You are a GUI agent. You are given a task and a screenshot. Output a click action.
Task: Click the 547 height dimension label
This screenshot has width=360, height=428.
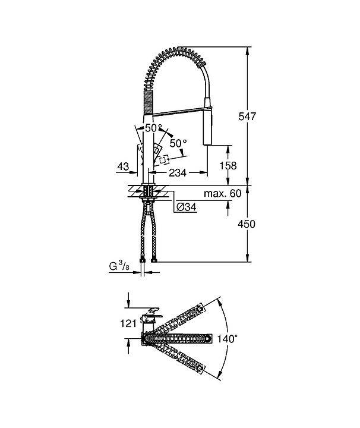[247, 117]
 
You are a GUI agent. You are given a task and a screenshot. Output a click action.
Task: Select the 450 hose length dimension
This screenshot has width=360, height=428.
[247, 224]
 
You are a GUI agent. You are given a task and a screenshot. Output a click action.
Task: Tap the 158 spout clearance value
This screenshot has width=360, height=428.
[228, 165]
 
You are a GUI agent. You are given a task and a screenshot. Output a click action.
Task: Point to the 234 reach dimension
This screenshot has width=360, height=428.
[178, 172]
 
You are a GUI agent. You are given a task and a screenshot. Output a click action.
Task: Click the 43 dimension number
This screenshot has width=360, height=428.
[123, 166]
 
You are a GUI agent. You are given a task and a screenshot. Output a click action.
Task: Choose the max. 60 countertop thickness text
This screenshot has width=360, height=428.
[223, 194]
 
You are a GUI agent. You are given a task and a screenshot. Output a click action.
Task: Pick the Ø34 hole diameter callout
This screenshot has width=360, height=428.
[187, 207]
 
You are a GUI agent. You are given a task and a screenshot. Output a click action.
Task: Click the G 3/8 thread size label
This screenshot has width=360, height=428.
[119, 266]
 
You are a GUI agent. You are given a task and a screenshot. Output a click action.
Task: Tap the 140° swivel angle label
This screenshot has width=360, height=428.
[227, 339]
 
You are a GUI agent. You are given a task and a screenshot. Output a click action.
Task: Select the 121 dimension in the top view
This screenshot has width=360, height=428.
[128, 323]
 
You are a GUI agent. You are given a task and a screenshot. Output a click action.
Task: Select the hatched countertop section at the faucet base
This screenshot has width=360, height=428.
[149, 191]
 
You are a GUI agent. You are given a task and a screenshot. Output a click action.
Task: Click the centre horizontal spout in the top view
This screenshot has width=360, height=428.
[176, 338]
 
